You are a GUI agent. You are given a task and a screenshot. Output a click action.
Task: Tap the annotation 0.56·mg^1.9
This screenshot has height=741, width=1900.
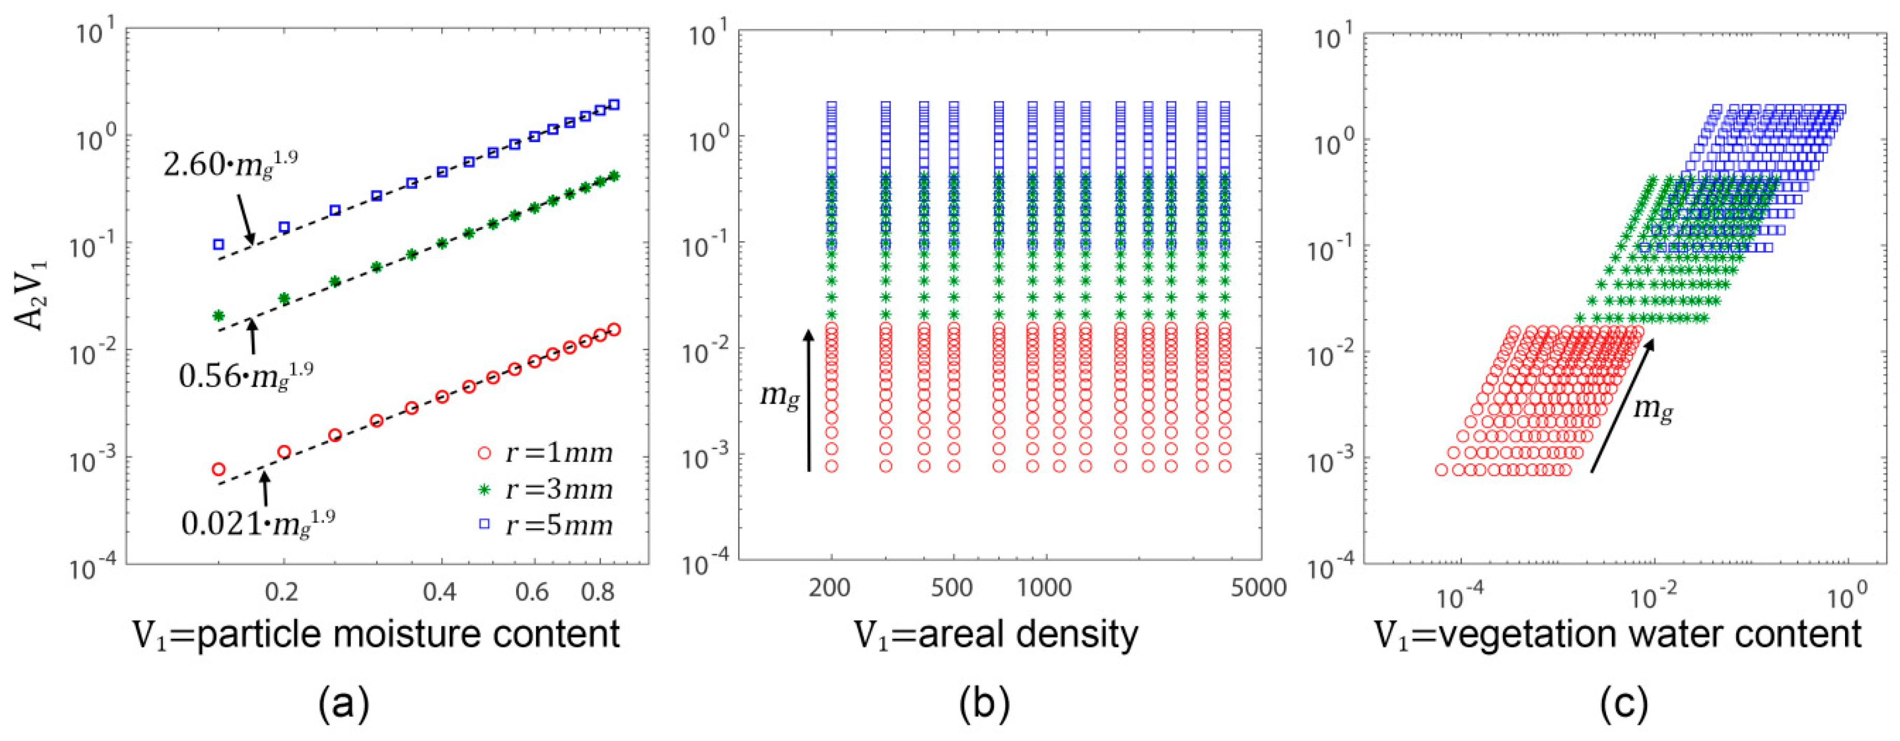pyautogui.click(x=246, y=376)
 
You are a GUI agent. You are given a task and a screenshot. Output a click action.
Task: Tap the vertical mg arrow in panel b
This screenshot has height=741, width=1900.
pyautogui.click(x=808, y=399)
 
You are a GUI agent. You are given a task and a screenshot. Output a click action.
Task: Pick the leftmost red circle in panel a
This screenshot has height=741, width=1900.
pyautogui.click(x=218, y=470)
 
